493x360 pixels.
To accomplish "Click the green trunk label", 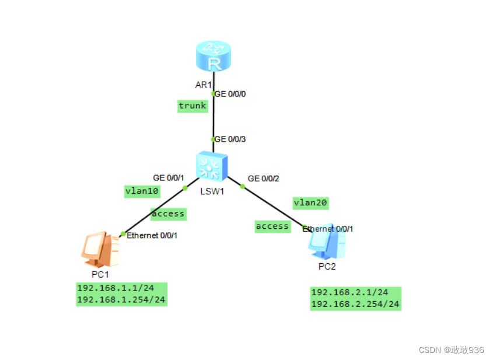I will [x=193, y=106].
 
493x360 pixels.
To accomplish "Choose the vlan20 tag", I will [x=310, y=202].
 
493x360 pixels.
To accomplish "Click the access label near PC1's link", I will [x=168, y=214].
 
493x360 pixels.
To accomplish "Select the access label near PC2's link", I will [x=272, y=226].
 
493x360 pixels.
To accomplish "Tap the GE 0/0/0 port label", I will [x=230, y=93].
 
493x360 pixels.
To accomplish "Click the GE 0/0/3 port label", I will [x=230, y=139].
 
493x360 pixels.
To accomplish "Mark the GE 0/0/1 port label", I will [x=168, y=177].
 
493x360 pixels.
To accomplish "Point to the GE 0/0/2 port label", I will [x=263, y=178].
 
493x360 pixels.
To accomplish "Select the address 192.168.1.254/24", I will [x=121, y=299].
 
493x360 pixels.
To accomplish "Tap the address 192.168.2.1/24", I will [x=349, y=292].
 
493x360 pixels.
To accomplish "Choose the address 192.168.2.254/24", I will [x=355, y=304].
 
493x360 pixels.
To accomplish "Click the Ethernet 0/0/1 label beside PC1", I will [x=152, y=235].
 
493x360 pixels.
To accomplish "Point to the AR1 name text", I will [x=203, y=85].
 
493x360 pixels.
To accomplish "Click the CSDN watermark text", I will [x=451, y=349].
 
